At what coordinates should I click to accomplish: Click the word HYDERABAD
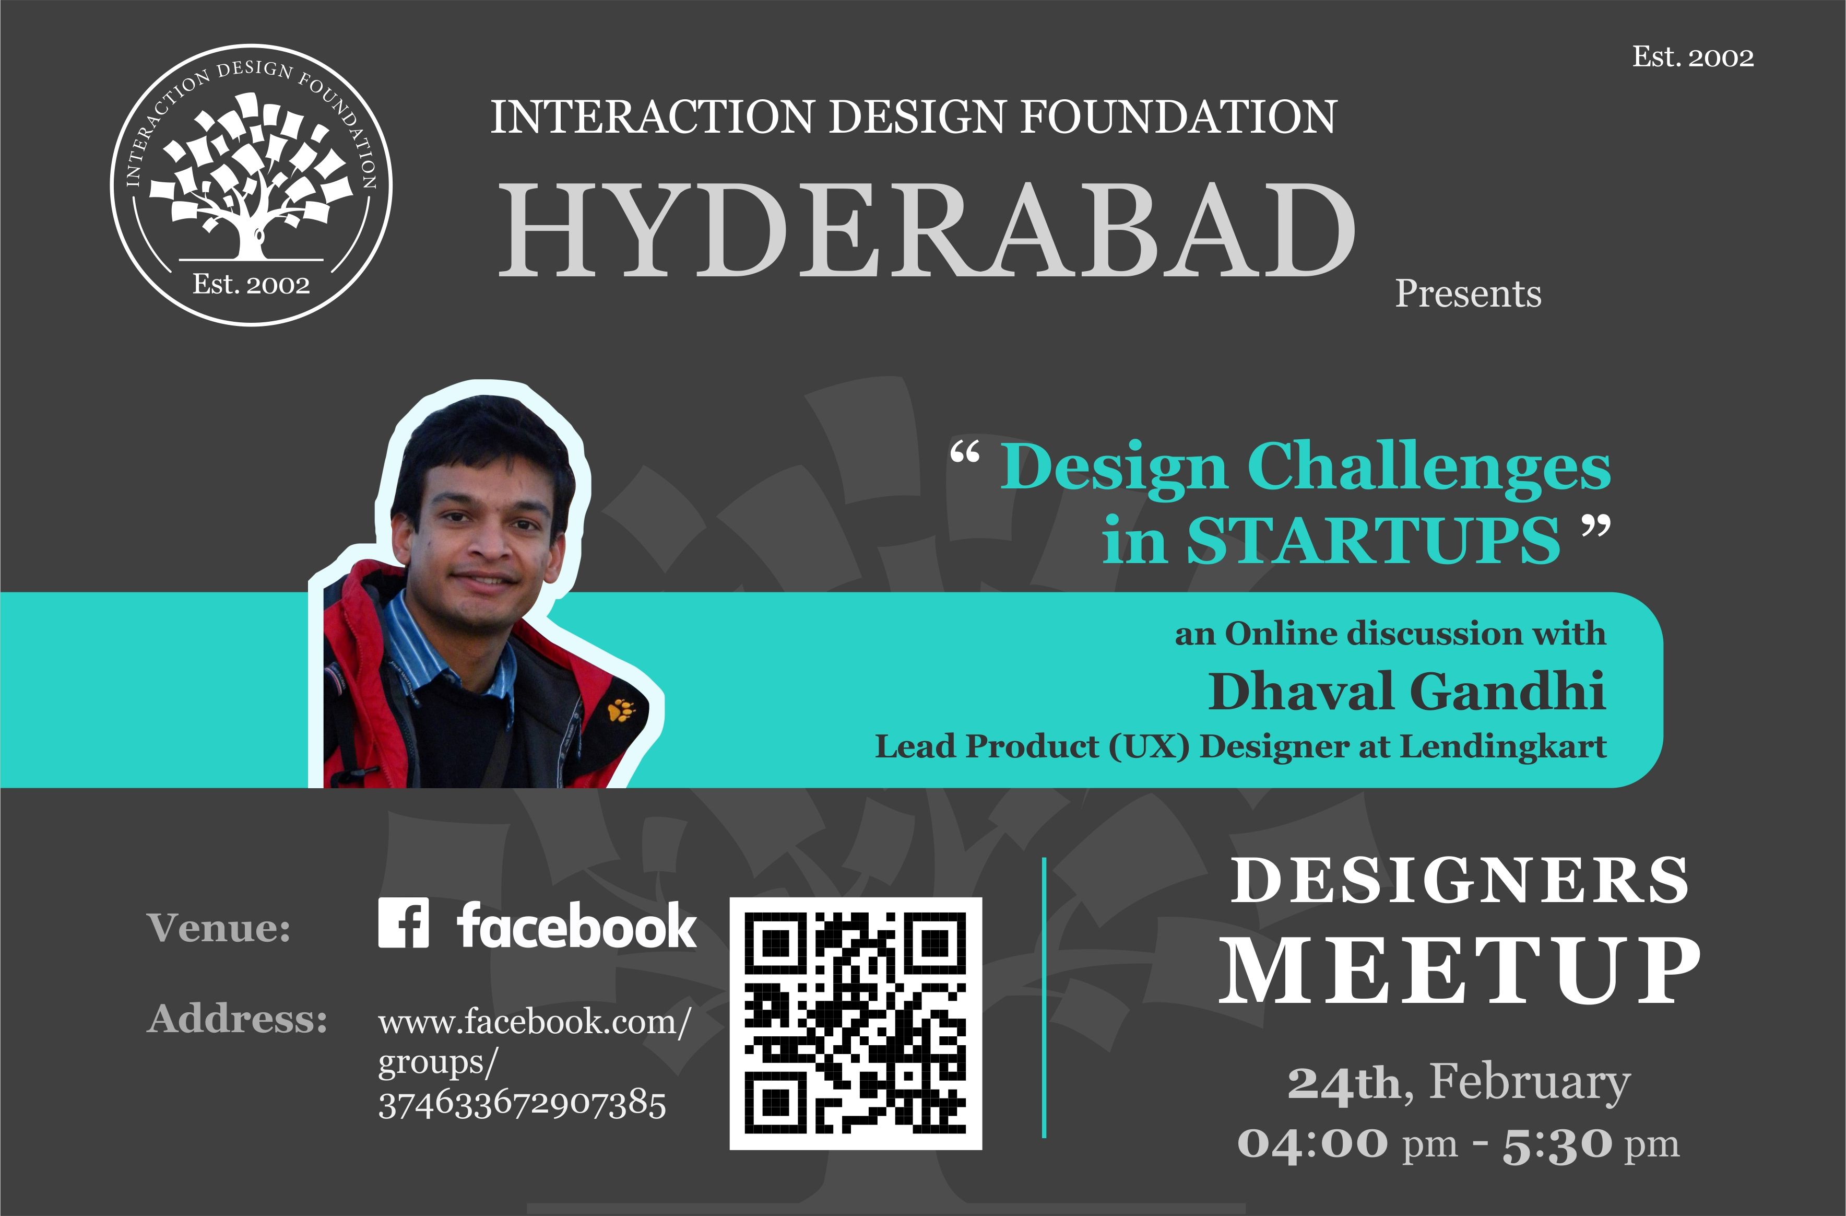coord(926,230)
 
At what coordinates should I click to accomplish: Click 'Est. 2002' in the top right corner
coord(1693,56)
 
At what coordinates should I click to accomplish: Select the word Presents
coord(1468,294)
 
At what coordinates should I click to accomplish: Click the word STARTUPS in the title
coord(1373,540)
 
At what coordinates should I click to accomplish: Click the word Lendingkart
coord(1503,746)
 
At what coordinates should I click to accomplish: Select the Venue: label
coord(219,927)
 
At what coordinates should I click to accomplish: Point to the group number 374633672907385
coord(522,1104)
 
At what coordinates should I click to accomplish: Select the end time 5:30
coord(1557,1144)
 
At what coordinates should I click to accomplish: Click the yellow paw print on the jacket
coord(621,709)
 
